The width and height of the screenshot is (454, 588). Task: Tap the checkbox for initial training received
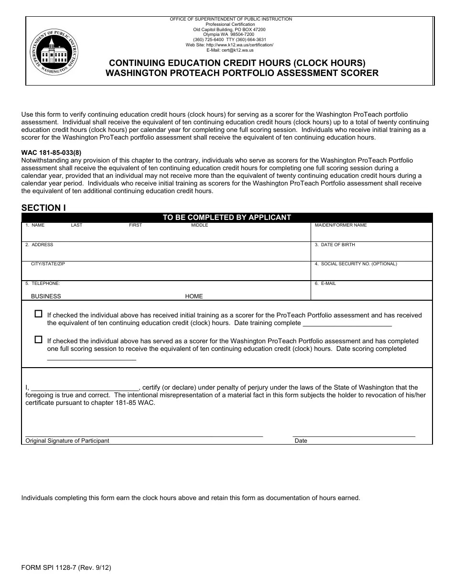point(38,314)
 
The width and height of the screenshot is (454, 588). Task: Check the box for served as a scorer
point(38,340)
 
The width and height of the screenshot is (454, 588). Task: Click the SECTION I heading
point(43,207)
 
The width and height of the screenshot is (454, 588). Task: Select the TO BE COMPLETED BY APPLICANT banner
point(227,218)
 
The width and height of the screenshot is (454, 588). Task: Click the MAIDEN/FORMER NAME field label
point(340,225)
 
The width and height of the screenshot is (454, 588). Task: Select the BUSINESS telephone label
point(46,296)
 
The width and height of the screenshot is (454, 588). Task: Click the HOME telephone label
point(194,296)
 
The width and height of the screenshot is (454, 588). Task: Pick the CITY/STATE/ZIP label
point(48,264)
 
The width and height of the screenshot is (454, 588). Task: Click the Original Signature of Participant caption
point(67,441)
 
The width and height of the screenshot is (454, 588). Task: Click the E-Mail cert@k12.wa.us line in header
point(230,50)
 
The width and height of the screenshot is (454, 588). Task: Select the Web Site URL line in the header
point(229,45)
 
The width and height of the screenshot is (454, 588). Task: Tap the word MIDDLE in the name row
point(200,225)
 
